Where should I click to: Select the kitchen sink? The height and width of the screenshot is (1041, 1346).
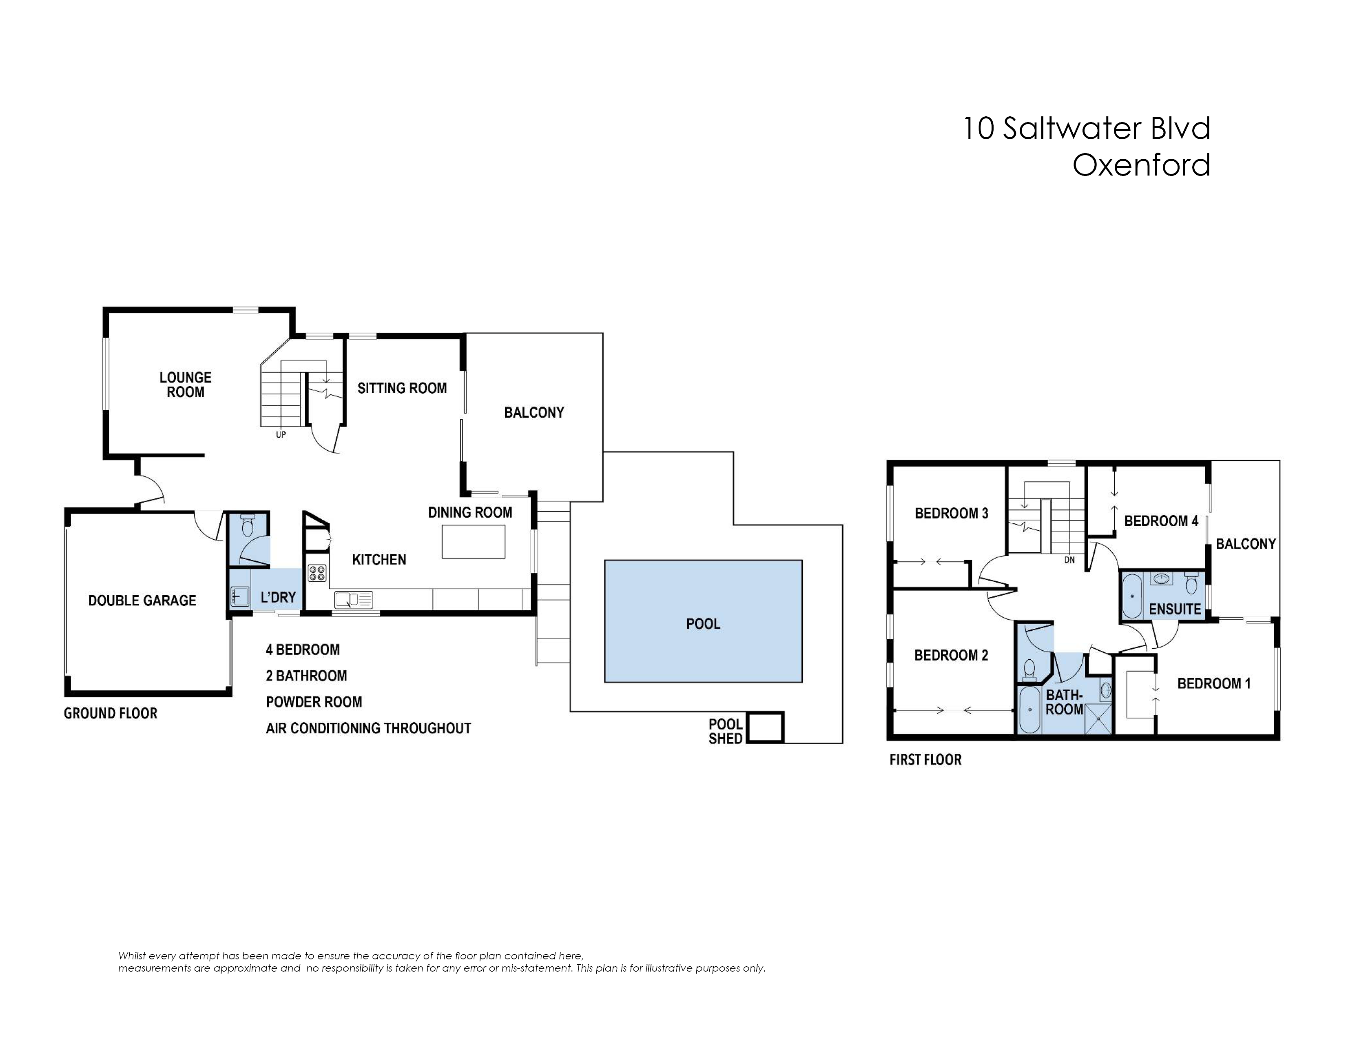pyautogui.click(x=353, y=599)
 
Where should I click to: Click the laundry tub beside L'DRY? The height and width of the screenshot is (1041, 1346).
pyautogui.click(x=239, y=596)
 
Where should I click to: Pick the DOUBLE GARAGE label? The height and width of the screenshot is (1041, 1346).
pyautogui.click(x=142, y=601)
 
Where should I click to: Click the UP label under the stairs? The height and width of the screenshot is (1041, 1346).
pyautogui.click(x=281, y=435)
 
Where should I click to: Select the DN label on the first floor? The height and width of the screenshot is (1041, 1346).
pyautogui.click(x=1069, y=560)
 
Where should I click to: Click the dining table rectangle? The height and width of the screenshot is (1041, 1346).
pyautogui.click(x=473, y=541)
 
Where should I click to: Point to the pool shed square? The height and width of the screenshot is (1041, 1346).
pyautogui.click(x=765, y=728)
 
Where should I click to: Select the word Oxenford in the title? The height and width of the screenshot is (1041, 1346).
pyautogui.click(x=1141, y=165)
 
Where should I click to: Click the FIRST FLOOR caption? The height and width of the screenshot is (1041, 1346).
pyautogui.click(x=925, y=760)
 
